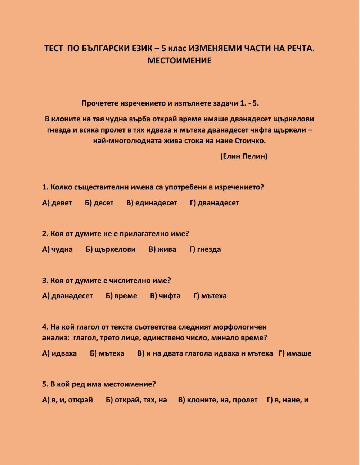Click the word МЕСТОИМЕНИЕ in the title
[x=179, y=61]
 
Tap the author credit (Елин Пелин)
[x=244, y=156]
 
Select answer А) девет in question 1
[x=57, y=203]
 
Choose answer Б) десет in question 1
[x=99, y=203]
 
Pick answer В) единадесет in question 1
[x=152, y=203]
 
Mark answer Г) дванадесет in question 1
[x=215, y=203]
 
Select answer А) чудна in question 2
[x=58, y=249]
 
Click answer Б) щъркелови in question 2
[x=111, y=249]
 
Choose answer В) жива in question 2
[x=162, y=249]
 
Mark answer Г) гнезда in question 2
[x=205, y=249]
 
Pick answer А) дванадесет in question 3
[x=68, y=296]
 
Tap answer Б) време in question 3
[x=122, y=296]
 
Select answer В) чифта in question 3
[x=165, y=296]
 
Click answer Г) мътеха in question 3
[x=210, y=296]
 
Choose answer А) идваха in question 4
[x=60, y=353]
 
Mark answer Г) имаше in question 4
[x=295, y=353]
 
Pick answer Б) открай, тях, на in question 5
[x=137, y=400]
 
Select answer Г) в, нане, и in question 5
[x=288, y=400]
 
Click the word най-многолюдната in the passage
[x=127, y=141]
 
